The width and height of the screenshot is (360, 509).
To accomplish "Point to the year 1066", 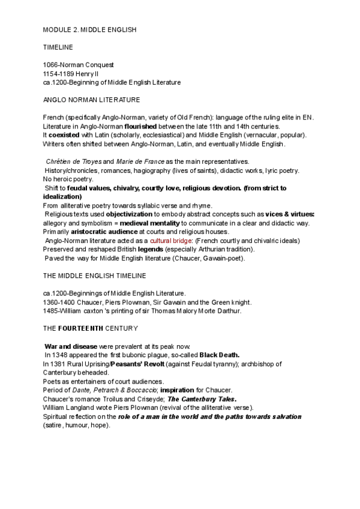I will (x=51, y=64).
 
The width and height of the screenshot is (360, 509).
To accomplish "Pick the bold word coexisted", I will (x=66, y=135).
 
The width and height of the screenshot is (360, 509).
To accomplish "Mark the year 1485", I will (x=51, y=310).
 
